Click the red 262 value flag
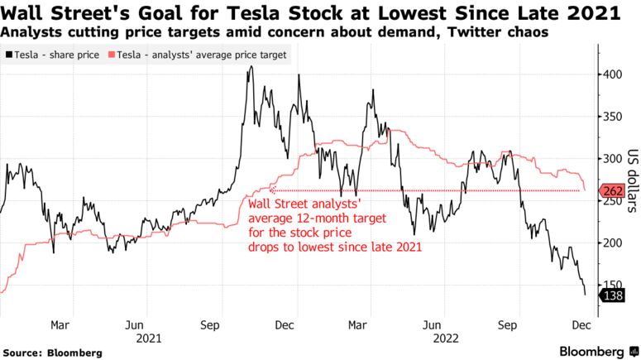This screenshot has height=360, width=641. [x=616, y=190]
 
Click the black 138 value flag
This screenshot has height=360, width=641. [x=616, y=295]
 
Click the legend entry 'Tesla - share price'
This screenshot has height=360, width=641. [x=56, y=55]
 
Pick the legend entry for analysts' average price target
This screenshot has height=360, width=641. [x=198, y=55]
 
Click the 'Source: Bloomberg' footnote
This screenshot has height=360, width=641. [x=52, y=353]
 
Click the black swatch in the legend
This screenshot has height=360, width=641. [x=7, y=55]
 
